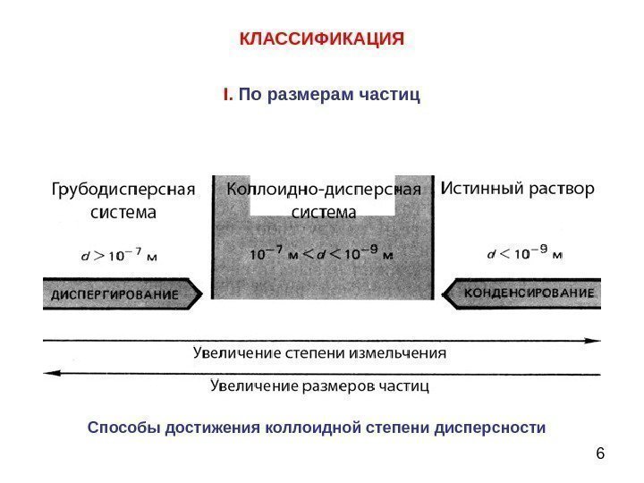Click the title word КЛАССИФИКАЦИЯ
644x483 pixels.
tap(322, 40)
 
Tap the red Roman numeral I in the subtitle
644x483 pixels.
tap(226, 94)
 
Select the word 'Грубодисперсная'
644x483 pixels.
tap(123, 191)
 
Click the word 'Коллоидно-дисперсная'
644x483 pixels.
tap(323, 191)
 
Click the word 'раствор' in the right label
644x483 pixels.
tap(563, 190)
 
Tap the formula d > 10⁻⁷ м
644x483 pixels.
tap(120, 255)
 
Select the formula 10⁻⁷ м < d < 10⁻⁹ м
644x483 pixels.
tap(321, 255)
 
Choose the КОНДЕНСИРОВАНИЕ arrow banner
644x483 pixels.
tap(526, 293)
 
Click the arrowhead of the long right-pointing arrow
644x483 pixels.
tap(595, 340)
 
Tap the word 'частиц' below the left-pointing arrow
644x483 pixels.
tap(402, 386)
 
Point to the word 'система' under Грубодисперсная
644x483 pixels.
tap(123, 214)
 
